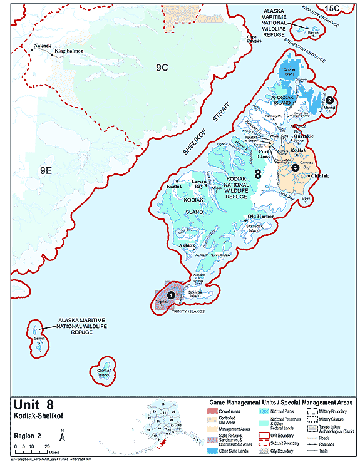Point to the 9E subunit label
[x=46, y=170]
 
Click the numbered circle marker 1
[x=170, y=294]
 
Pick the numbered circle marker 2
[x=330, y=100]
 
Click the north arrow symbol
[x=61, y=433]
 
